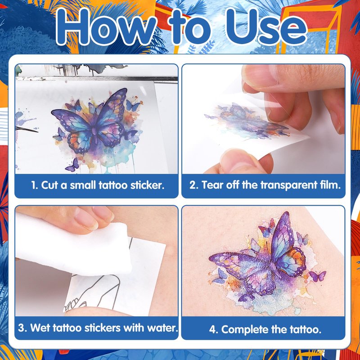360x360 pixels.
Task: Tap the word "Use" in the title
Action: click(x=266, y=27)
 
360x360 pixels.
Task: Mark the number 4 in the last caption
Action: click(x=212, y=330)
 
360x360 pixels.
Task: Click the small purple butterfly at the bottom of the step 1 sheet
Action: click(x=72, y=165)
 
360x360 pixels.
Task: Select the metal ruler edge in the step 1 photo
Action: click(x=96, y=79)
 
